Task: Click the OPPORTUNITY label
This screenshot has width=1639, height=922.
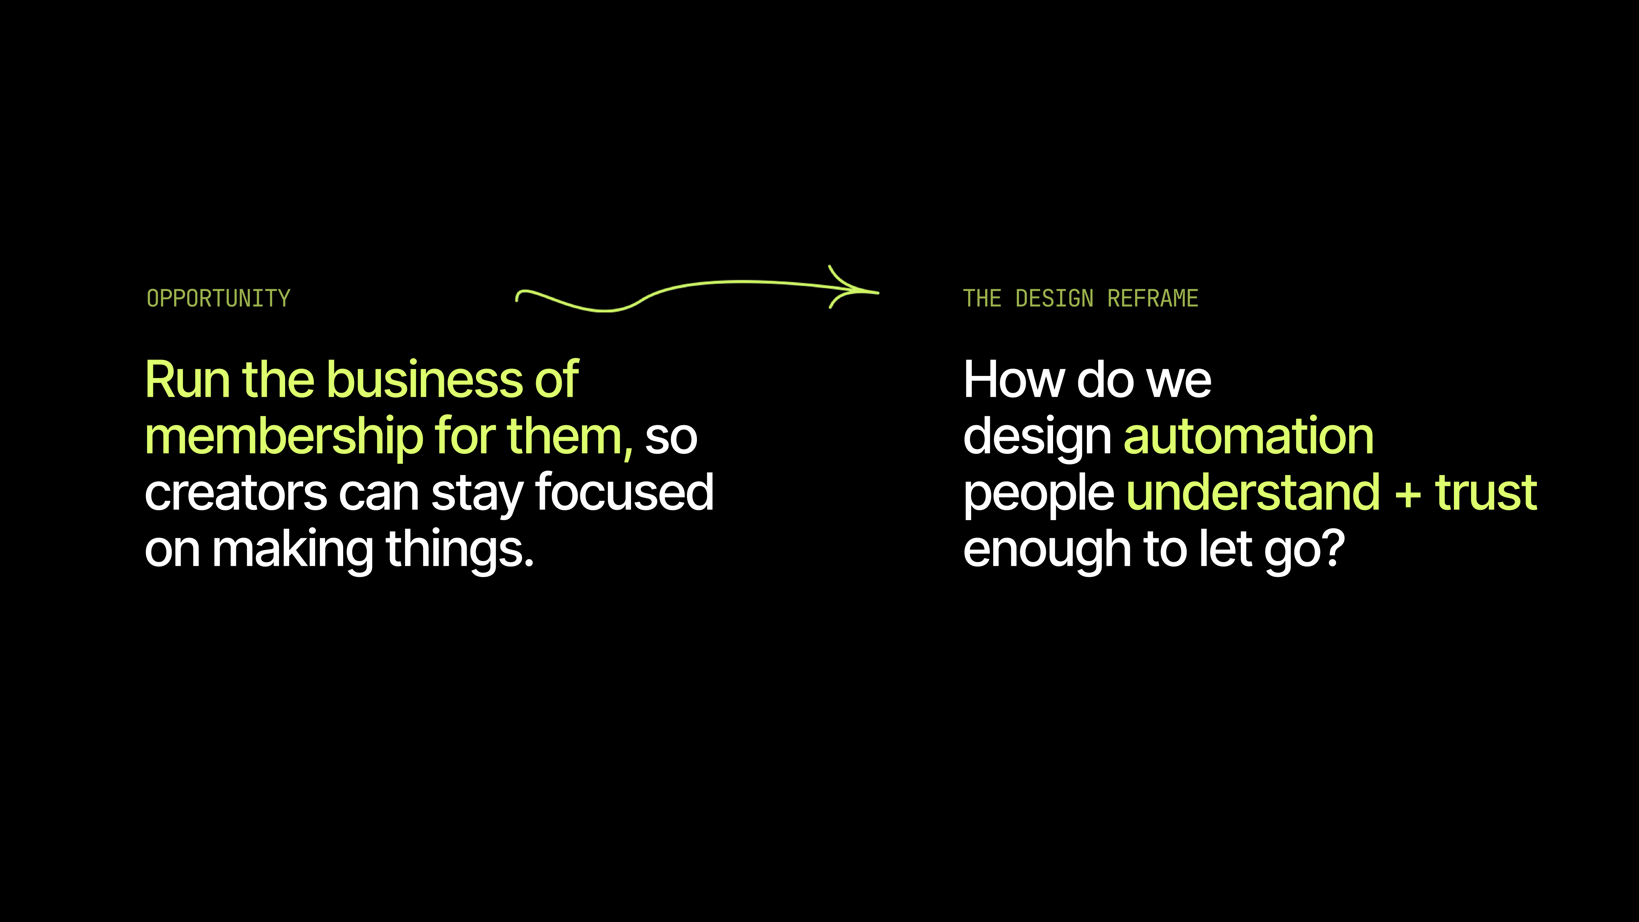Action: [218, 298]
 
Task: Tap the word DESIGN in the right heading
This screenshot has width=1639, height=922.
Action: [1054, 298]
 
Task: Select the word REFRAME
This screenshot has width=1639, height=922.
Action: [1153, 298]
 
